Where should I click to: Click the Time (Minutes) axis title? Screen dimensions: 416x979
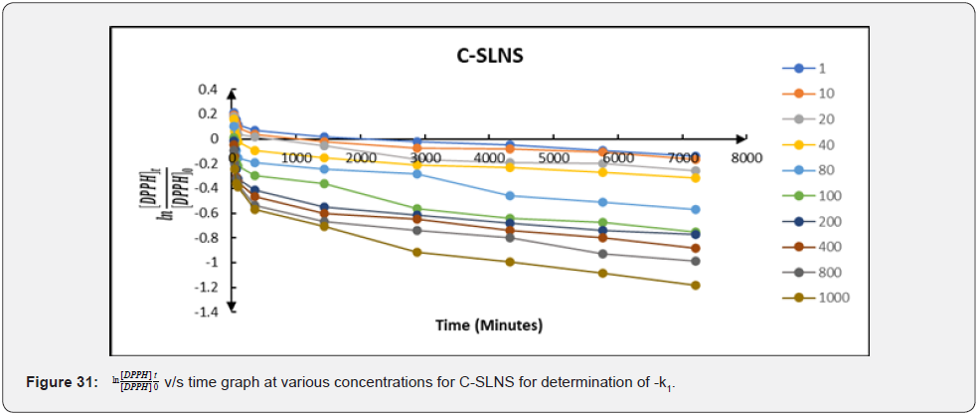click(488, 325)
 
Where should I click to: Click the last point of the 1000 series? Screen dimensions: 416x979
click(695, 286)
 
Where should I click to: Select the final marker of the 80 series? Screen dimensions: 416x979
click(695, 209)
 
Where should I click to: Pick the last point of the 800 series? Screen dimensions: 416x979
click(695, 261)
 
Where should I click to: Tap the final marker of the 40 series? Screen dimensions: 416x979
click(695, 177)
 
